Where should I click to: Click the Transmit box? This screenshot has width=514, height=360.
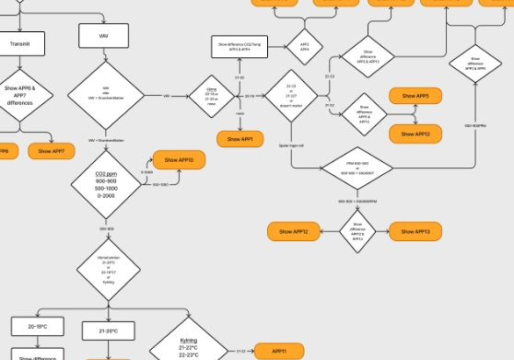pyautogui.click(x=25, y=43)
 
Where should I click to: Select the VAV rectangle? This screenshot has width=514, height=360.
pyautogui.click(x=105, y=36)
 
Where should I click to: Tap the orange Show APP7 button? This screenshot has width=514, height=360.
pyautogui.click(x=53, y=150)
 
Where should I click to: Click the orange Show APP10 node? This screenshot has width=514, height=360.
pyautogui.click(x=179, y=160)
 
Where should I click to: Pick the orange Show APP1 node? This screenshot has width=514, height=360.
pyautogui.click(x=240, y=139)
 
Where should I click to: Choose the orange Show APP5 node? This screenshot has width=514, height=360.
pyautogui.click(x=415, y=96)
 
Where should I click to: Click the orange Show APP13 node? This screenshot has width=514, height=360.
pyautogui.click(x=416, y=230)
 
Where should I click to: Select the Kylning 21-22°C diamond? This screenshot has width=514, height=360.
pyautogui.click(x=188, y=346)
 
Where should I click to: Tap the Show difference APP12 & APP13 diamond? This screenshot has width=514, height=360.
pyautogui.click(x=357, y=231)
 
